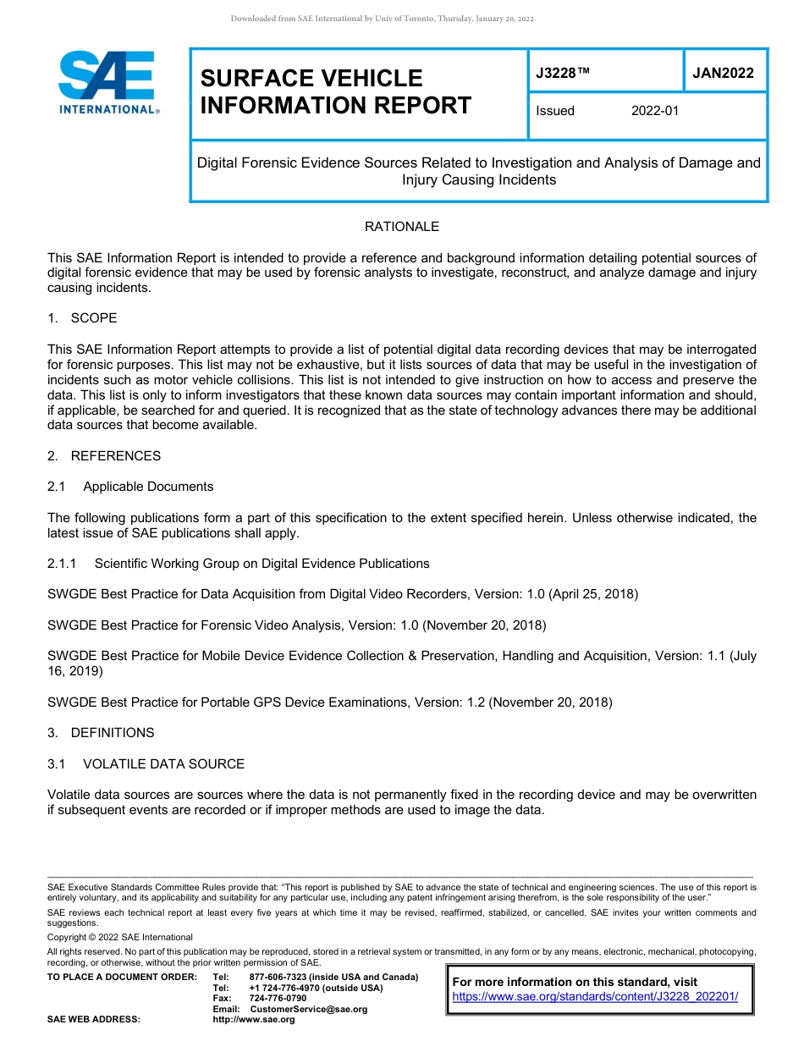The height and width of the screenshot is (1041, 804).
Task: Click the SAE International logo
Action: [x=108, y=83]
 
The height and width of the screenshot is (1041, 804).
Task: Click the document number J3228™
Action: [x=562, y=73]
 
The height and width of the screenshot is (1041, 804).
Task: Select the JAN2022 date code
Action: [x=723, y=73]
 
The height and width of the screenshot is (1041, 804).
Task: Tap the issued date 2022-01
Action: [x=655, y=111]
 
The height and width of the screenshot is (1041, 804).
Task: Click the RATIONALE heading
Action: [x=402, y=227]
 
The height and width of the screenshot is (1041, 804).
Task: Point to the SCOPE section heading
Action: [x=94, y=318]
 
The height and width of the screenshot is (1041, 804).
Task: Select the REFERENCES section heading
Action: [x=115, y=456]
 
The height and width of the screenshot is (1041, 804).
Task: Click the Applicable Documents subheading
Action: [x=148, y=487]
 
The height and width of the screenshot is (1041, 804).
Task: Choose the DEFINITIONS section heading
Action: [x=113, y=733]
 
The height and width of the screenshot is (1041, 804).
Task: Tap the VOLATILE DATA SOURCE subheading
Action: [x=163, y=764]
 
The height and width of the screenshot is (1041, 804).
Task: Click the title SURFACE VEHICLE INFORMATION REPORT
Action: [x=336, y=91]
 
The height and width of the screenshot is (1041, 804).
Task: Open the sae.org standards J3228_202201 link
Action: [x=595, y=997]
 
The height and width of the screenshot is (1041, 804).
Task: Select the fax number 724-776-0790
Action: [x=278, y=999]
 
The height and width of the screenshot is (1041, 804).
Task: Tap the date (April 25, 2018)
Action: [x=593, y=594]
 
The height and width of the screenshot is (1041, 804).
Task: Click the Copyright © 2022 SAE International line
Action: [x=120, y=937]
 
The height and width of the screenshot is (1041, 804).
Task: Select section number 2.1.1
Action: [x=62, y=564]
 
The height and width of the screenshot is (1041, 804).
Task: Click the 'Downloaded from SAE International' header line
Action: [x=382, y=19]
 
